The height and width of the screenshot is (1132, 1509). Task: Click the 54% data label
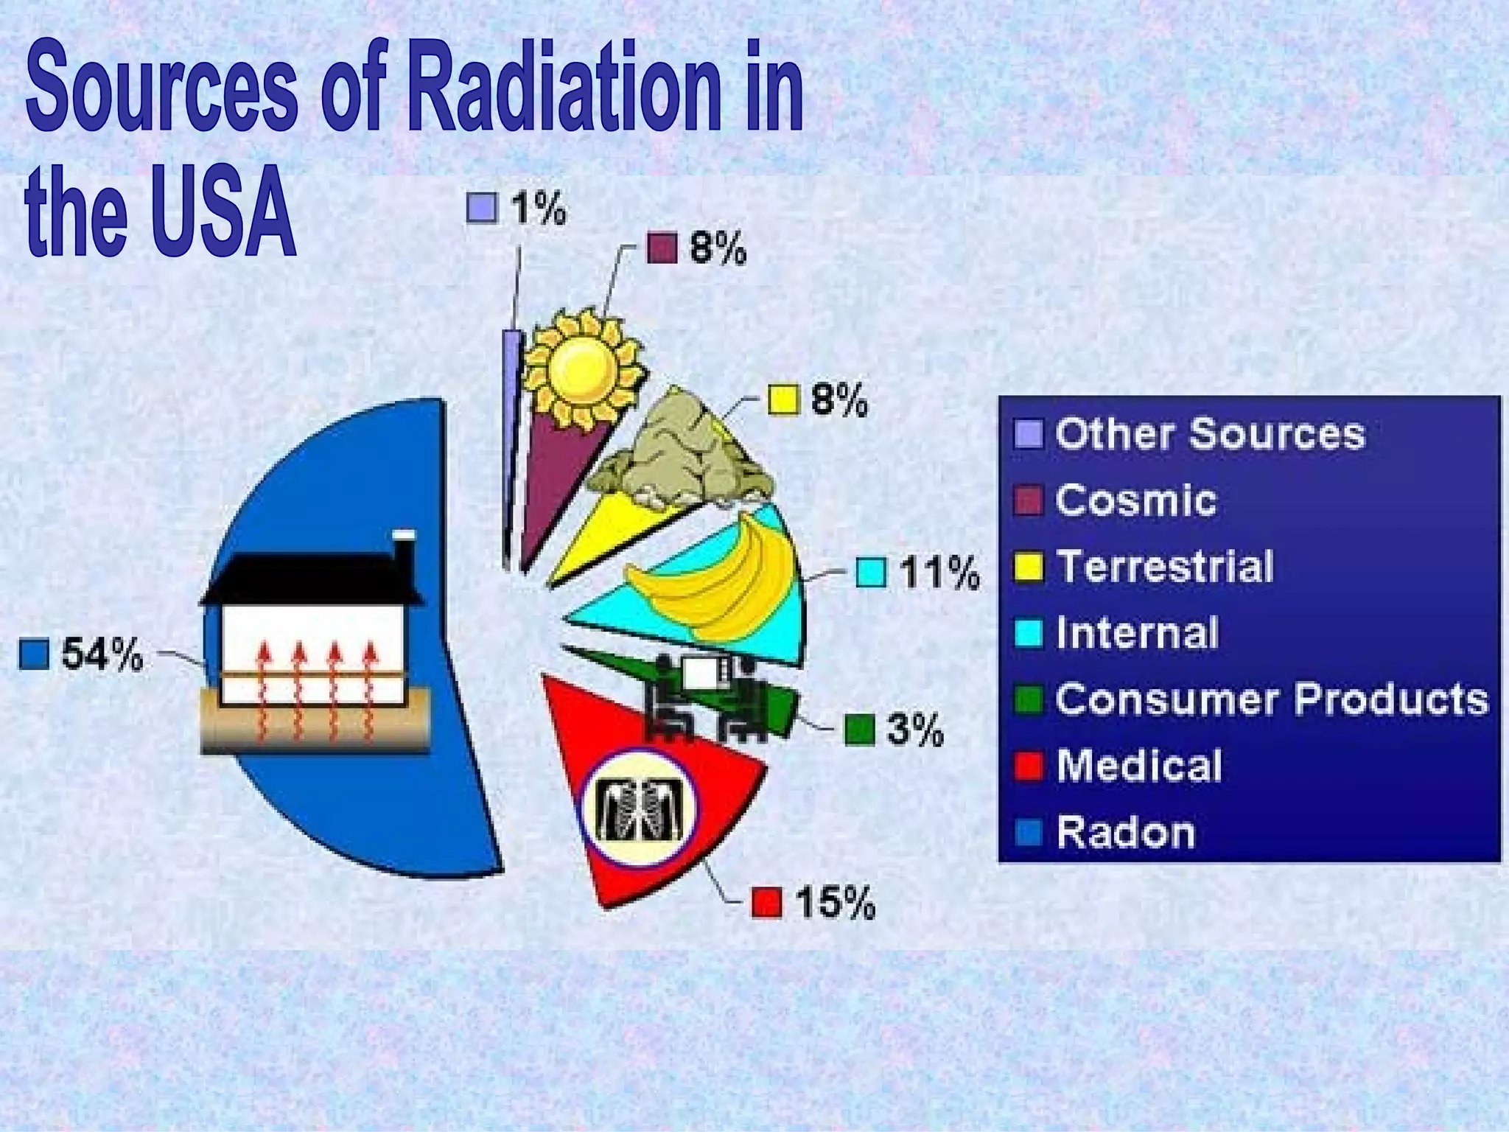tap(102, 654)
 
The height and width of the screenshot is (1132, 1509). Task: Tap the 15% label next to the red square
tap(835, 902)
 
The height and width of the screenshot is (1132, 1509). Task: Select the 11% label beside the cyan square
tap(939, 573)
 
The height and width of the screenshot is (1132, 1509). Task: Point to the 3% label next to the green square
tap(914, 730)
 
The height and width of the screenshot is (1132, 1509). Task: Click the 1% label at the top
tap(539, 209)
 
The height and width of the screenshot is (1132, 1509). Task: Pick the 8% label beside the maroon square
tap(718, 248)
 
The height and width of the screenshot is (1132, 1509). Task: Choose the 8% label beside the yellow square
tap(839, 400)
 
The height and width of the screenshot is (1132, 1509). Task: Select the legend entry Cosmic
tap(1135, 500)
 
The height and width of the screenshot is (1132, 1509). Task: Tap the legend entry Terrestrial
tap(1165, 566)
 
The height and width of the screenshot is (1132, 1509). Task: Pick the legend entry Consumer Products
tap(1271, 699)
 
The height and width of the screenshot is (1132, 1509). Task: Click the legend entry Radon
tap(1125, 832)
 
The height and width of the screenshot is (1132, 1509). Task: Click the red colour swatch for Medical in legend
tap(1028, 766)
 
